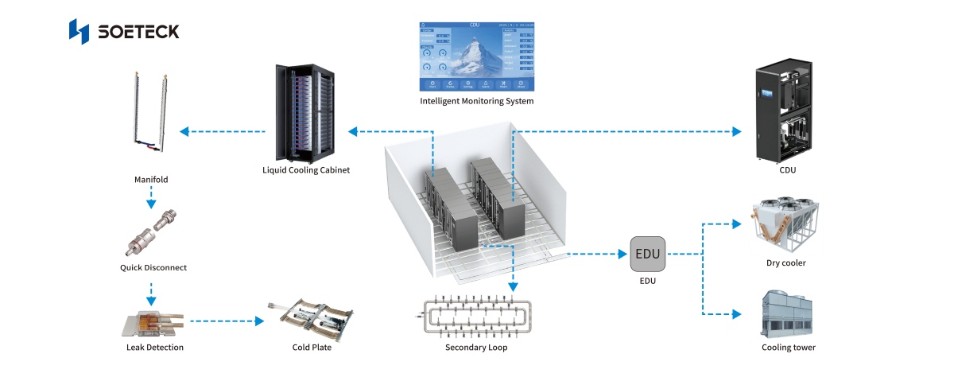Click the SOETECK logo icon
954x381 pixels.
coord(79,31)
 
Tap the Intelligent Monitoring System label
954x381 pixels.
coord(476,102)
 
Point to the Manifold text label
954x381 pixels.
coord(150,180)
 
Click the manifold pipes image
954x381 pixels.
coord(151,111)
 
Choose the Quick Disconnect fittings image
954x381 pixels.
coord(153,235)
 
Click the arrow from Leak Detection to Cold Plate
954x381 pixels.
coord(227,322)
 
